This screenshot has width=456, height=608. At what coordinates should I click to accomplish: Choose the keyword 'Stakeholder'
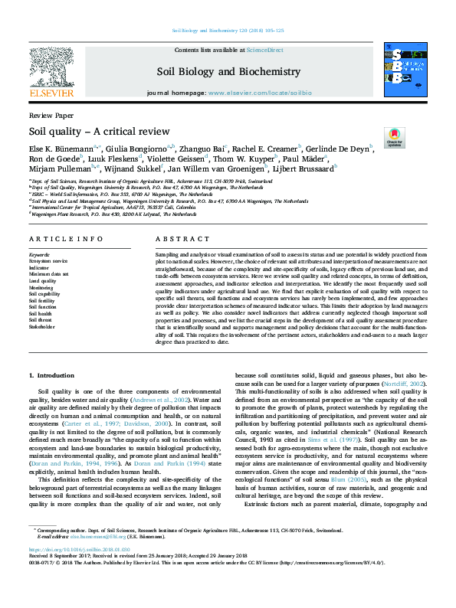42,325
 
